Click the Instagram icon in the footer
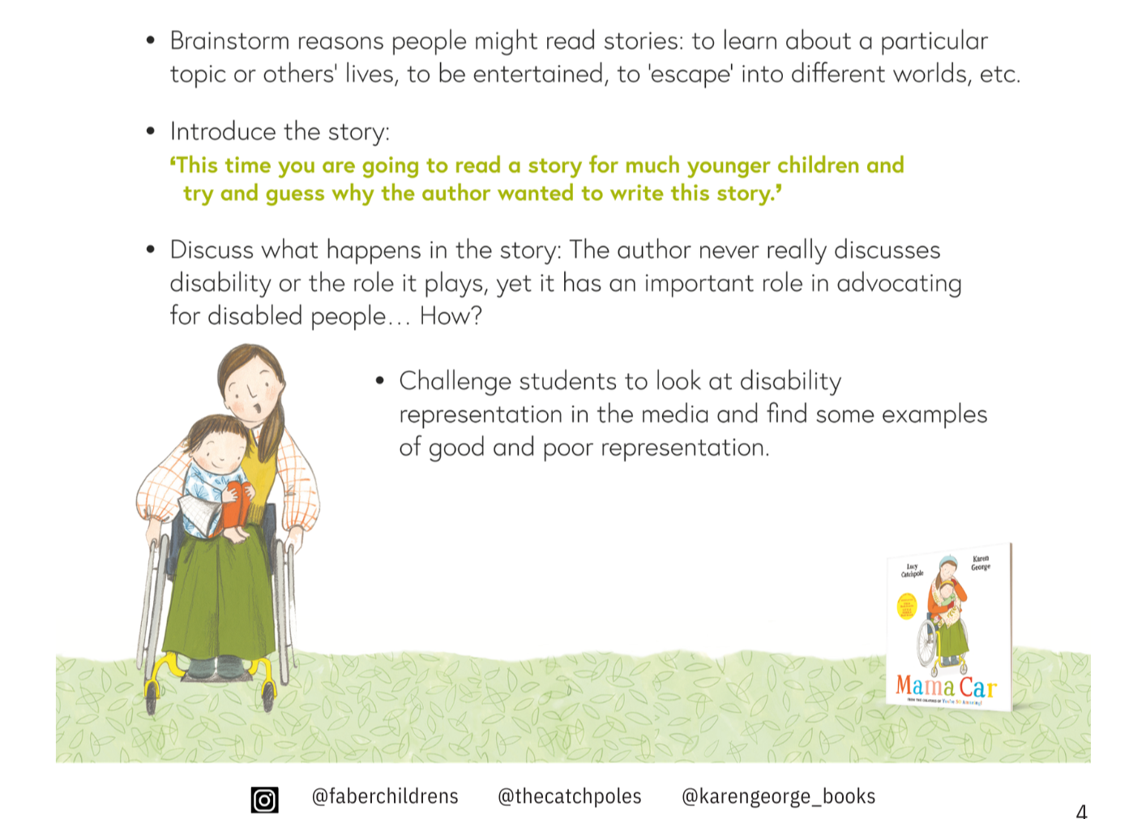point(264,800)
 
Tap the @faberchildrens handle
point(385,796)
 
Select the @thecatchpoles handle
point(569,796)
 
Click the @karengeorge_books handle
point(778,796)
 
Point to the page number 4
point(1081,811)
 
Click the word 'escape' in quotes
point(691,75)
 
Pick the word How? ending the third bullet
point(451,315)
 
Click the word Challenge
point(455,381)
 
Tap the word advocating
point(899,283)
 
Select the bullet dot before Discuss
point(150,250)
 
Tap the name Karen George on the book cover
point(981,563)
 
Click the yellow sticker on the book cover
point(905,606)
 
